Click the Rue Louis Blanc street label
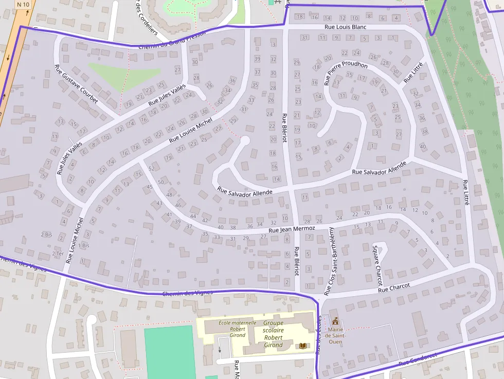(345, 27)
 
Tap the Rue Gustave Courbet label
(76, 84)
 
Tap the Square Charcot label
(377, 265)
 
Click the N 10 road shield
(23, 5)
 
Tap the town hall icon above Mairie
(335, 320)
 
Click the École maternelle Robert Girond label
(230, 329)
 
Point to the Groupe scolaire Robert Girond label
(273, 334)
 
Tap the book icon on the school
(302, 346)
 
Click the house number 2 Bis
(46, 234)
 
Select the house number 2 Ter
(58, 254)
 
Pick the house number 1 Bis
(84, 246)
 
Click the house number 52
(152, 169)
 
